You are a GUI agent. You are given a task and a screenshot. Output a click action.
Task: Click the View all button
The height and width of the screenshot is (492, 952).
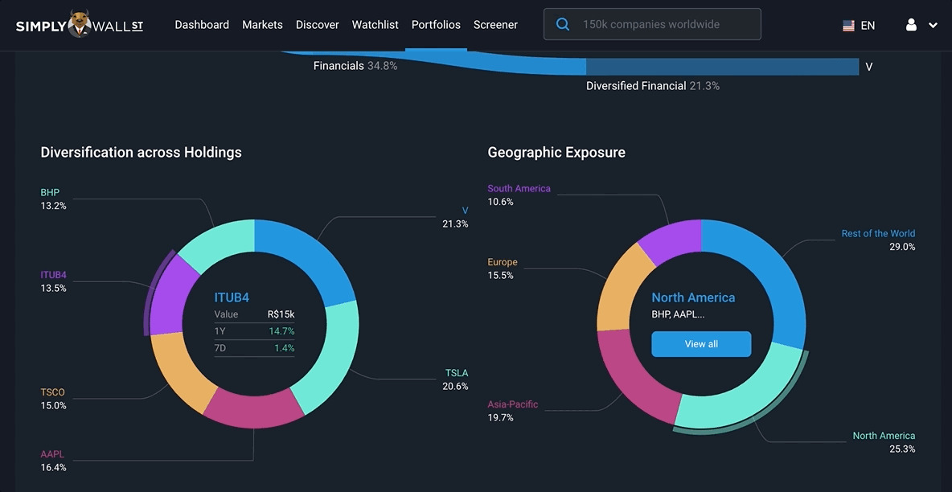point(701,344)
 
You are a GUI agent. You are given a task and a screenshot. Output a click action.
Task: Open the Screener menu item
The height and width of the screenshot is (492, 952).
point(495,25)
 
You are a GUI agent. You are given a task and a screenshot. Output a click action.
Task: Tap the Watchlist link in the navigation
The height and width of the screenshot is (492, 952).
point(375,25)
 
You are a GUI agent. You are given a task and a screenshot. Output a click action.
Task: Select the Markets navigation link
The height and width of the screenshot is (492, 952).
point(262,25)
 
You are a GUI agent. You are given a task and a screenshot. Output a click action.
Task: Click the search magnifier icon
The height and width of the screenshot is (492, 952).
point(564,25)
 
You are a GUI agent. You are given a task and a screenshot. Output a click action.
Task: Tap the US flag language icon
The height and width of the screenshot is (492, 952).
point(848,26)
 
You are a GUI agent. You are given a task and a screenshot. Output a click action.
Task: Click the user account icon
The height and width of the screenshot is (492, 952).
point(911,25)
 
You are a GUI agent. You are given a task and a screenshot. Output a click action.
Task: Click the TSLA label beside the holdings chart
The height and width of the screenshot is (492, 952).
point(456,373)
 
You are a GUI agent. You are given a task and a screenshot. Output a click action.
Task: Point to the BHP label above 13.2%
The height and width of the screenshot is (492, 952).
point(50,193)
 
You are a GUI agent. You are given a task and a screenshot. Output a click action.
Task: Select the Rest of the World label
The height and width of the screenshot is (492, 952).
point(878,234)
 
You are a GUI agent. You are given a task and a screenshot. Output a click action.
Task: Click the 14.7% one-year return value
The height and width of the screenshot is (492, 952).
point(281,331)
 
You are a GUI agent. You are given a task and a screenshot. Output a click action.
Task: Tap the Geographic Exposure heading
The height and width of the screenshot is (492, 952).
point(556,153)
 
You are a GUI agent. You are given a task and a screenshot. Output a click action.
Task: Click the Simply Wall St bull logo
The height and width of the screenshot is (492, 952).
point(79,24)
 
